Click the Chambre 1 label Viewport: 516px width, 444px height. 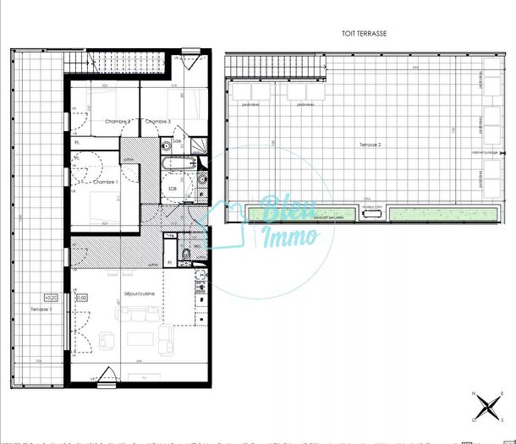(x=104, y=182)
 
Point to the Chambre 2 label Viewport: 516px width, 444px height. (x=118, y=122)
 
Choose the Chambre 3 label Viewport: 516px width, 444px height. (x=158, y=122)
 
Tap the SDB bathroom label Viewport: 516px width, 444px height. (x=172, y=188)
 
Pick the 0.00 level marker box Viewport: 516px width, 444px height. (x=82, y=298)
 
